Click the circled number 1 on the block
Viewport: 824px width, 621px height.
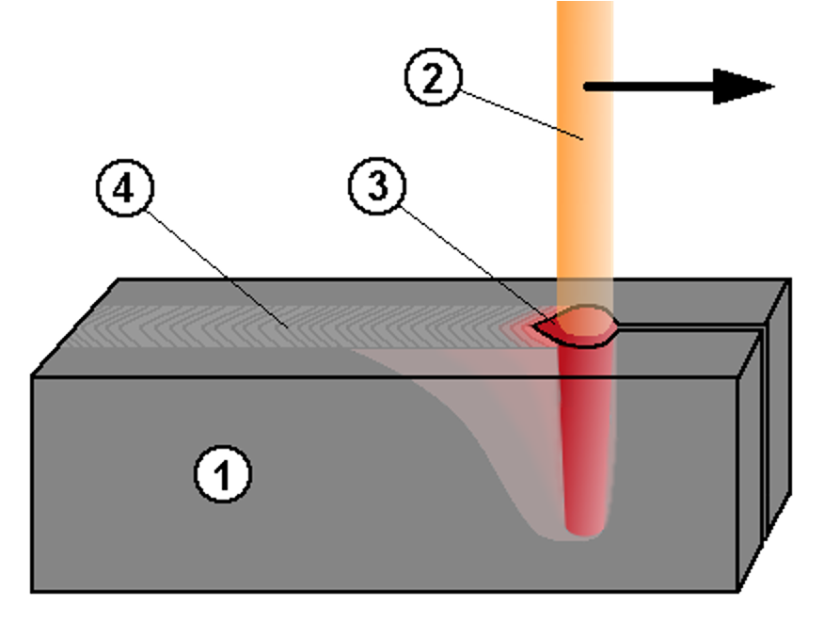(x=223, y=474)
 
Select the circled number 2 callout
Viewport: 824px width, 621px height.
(x=433, y=79)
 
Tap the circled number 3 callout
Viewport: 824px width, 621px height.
(x=377, y=185)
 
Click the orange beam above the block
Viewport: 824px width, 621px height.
(x=584, y=188)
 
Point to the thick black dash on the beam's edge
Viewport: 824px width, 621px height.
(x=598, y=87)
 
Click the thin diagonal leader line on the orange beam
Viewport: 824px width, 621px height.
(x=569, y=133)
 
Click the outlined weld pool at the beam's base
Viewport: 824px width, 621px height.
(x=576, y=326)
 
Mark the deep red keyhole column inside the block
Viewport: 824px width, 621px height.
(x=584, y=433)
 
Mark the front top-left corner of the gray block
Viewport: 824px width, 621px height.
(x=35, y=379)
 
